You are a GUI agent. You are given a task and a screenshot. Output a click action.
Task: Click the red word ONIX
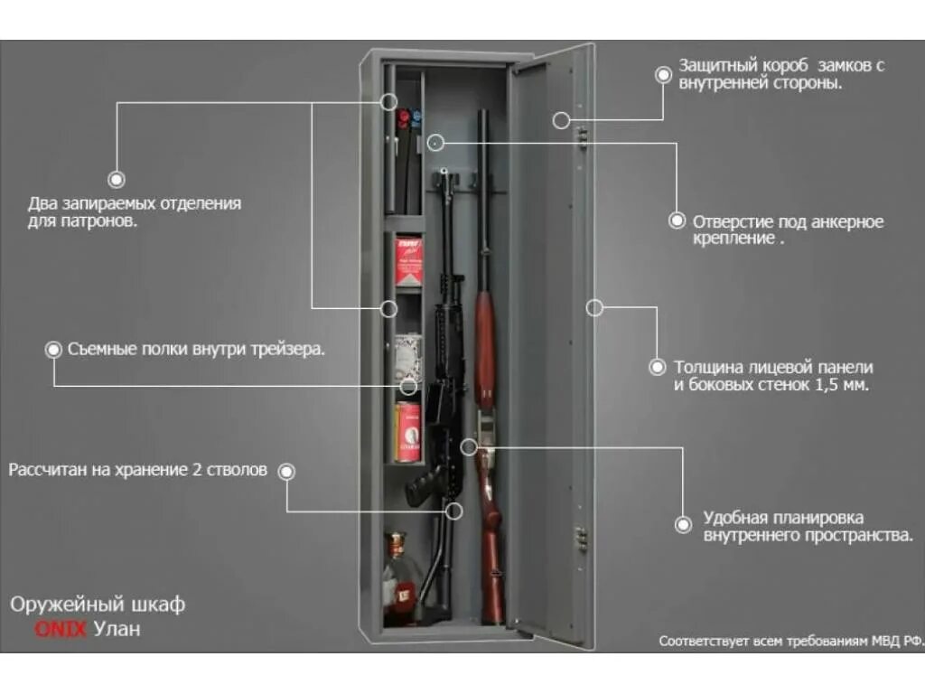[x=61, y=629]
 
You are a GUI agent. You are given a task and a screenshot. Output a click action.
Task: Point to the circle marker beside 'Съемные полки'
[x=54, y=348]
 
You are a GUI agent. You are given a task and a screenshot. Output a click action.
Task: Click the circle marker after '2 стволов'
[x=286, y=471]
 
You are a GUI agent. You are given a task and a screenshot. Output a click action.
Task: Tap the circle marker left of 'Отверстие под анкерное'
[x=677, y=220]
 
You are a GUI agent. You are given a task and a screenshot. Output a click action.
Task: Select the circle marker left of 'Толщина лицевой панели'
[x=658, y=367]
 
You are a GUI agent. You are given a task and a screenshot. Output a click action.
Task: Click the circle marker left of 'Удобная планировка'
[x=684, y=523]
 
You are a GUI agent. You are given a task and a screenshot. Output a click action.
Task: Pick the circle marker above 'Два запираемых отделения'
[x=117, y=180]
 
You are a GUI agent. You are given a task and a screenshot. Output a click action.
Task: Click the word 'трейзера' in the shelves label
[x=287, y=349]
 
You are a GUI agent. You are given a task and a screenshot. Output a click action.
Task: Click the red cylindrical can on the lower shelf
[x=408, y=431]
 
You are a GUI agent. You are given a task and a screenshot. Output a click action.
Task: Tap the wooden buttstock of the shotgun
[x=491, y=560]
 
